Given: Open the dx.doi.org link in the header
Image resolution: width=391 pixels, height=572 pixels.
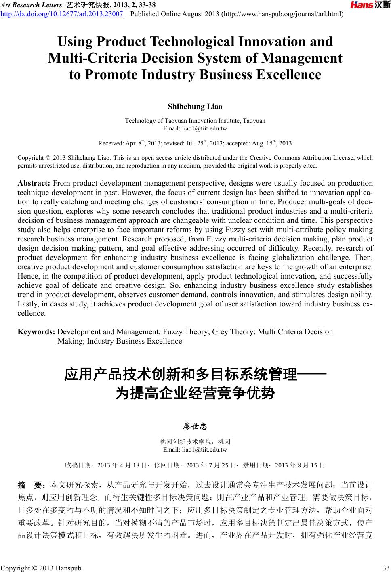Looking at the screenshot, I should coord(62,15).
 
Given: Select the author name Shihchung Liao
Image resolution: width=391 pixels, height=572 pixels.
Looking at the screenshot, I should coord(195,107).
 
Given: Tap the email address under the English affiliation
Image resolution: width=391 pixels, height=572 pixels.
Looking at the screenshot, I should coord(195,129).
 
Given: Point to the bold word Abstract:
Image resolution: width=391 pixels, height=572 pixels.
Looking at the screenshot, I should coord(34,183).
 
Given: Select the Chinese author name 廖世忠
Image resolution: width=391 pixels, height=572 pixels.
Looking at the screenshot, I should coord(195,426).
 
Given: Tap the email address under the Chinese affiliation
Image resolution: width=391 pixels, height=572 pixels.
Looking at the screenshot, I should coord(195,450).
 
